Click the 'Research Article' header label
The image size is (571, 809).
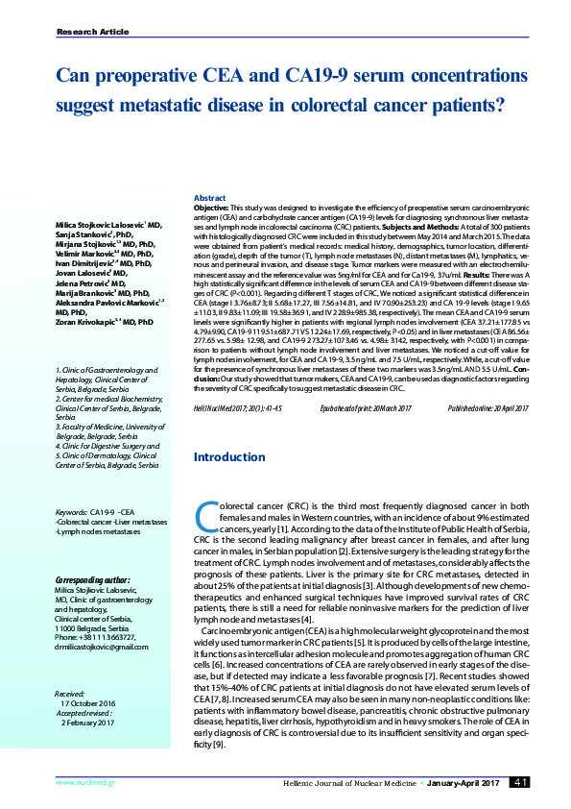[x=93, y=32]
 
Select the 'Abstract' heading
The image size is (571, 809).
[x=210, y=197]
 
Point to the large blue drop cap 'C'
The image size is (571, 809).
[x=205, y=517]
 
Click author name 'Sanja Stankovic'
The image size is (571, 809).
[x=83, y=233]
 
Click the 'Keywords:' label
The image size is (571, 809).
[x=72, y=513]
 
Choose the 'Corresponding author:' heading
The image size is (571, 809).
[x=92, y=580]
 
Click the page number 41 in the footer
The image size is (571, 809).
[x=521, y=783]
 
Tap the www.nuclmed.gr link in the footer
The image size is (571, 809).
[x=80, y=783]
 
